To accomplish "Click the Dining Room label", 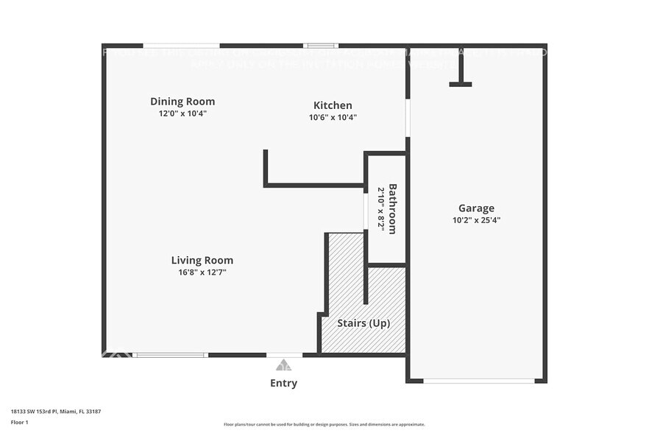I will pyautogui.click(x=182, y=102).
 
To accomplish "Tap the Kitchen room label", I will pyautogui.click(x=333, y=105).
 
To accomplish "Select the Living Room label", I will pyautogui.click(x=202, y=260).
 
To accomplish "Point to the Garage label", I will pyautogui.click(x=476, y=208).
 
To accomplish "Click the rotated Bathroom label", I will pyautogui.click(x=393, y=208).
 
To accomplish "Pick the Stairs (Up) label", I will pyautogui.click(x=363, y=323).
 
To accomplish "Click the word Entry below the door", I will pyautogui.click(x=283, y=383).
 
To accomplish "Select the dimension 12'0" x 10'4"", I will pyautogui.click(x=182, y=114).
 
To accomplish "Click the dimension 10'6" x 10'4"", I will pyautogui.click(x=333, y=118).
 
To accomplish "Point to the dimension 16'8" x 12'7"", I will pyautogui.click(x=202, y=272).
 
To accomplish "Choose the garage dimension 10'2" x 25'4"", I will pyautogui.click(x=476, y=220).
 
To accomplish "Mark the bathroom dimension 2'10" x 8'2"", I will pyautogui.click(x=381, y=208).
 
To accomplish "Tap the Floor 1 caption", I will pyautogui.click(x=20, y=422).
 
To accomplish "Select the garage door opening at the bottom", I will pyautogui.click(x=479, y=381).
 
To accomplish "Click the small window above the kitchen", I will pyautogui.click(x=322, y=46).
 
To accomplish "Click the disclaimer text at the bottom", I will pyautogui.click(x=324, y=424).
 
